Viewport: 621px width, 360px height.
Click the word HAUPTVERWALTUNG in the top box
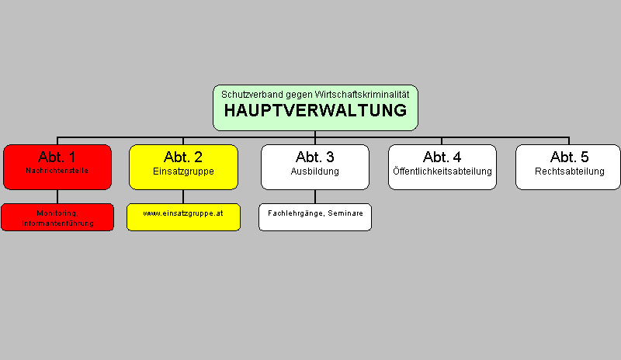coord(315,110)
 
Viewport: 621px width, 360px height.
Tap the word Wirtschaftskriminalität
coord(362,95)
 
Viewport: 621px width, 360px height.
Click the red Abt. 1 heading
coord(57,157)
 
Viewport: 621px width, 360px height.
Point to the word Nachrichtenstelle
coord(57,171)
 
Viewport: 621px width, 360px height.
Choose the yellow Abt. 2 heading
coord(183,157)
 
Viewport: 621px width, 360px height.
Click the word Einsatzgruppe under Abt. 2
coord(183,171)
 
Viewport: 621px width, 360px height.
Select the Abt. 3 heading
coord(315,157)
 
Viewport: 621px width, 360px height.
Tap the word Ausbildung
coord(315,171)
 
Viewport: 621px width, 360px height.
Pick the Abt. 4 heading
coord(442,157)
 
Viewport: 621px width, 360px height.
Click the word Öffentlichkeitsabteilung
coord(442,171)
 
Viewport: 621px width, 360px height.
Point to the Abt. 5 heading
coord(569,157)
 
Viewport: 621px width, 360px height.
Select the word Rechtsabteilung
coord(570,171)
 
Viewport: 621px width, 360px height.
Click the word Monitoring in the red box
coord(57,213)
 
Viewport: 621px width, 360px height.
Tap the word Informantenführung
coord(57,223)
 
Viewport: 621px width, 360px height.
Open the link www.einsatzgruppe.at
coord(183,213)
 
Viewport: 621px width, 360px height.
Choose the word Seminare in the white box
coord(345,213)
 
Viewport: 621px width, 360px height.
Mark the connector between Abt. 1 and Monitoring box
coord(57,196)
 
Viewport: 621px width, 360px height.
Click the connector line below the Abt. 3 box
coord(315,196)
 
